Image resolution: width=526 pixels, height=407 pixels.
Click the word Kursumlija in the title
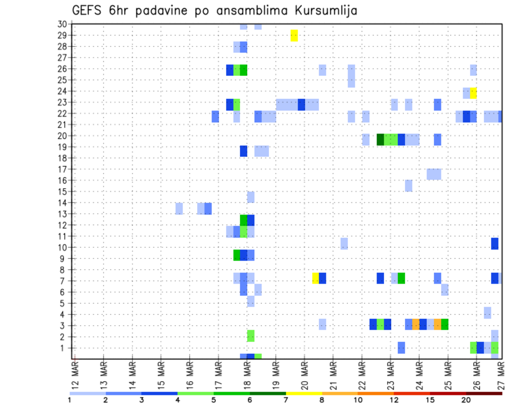pyautogui.click(x=323, y=10)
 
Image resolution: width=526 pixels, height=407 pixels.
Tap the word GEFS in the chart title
pyautogui.click(x=88, y=10)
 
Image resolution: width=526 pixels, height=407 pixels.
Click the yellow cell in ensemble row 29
pyautogui.click(x=294, y=36)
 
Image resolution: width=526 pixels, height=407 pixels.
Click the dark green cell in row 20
pyautogui.click(x=380, y=139)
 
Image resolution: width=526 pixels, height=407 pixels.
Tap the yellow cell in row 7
pyautogui.click(x=315, y=278)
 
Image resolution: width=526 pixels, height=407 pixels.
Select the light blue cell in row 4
pyautogui.click(x=488, y=313)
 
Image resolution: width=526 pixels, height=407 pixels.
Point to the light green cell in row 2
pyautogui.click(x=251, y=336)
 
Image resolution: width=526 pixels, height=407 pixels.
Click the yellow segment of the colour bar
pyautogui.click(x=304, y=393)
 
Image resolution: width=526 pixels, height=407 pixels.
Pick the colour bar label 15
pyautogui.click(x=430, y=400)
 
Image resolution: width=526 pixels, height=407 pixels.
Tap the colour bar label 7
pyautogui.click(x=286, y=400)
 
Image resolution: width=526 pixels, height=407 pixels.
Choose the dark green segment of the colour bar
pyautogui.click(x=268, y=393)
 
